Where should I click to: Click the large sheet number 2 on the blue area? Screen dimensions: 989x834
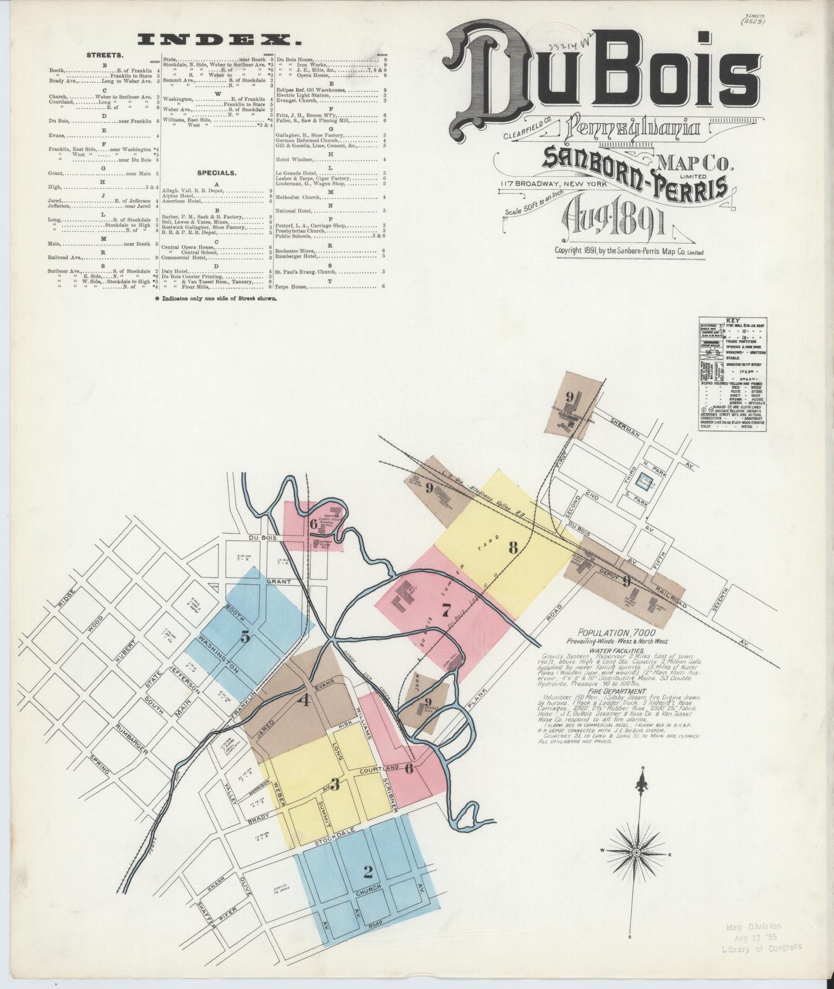point(368,871)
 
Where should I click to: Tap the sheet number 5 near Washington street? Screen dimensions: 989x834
point(246,637)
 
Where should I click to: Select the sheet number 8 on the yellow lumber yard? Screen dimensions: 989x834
point(512,548)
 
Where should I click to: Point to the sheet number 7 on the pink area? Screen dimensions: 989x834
point(446,610)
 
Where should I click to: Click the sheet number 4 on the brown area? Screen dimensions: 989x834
point(305,700)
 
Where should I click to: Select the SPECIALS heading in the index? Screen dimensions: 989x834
point(216,173)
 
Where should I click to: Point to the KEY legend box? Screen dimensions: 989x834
point(732,372)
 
